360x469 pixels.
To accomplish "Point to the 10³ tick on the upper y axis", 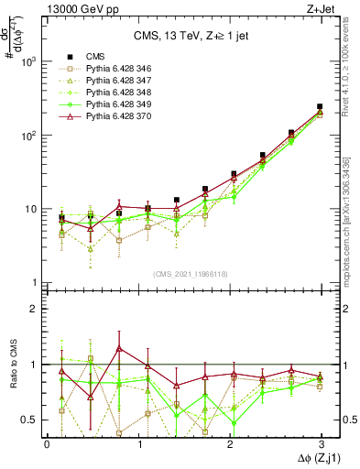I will pyautogui.click(x=27, y=61).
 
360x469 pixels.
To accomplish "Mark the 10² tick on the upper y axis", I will pyautogui.click(x=27, y=136).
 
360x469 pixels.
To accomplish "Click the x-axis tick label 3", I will pyautogui.click(x=320, y=442).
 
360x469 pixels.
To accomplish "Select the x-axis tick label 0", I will pyautogui.click(x=47, y=442).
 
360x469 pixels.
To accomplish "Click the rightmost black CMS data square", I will pyautogui.click(x=320, y=107).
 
